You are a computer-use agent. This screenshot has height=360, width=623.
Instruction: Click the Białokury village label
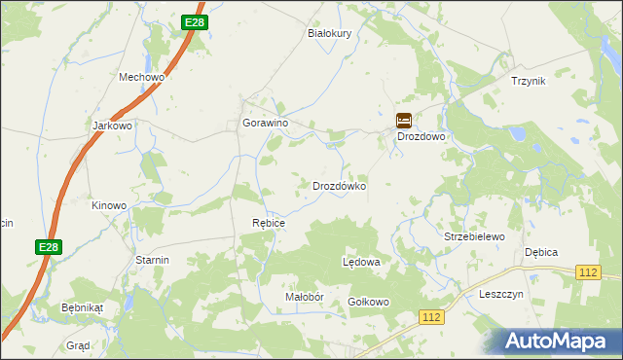[x=329, y=32]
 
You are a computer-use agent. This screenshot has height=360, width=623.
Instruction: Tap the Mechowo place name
[x=142, y=77]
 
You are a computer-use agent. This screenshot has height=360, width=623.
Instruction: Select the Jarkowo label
[x=112, y=126]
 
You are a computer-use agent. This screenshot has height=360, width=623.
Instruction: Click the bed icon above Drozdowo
[x=404, y=121]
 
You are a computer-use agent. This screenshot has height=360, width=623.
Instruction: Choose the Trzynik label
[x=529, y=81]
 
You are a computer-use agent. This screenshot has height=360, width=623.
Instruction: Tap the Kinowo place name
[x=109, y=205]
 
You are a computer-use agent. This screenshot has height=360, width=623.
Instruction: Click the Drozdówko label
[x=339, y=185]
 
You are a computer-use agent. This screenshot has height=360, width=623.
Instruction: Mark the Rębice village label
[x=269, y=223]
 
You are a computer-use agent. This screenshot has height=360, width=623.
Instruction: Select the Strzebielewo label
[x=474, y=236]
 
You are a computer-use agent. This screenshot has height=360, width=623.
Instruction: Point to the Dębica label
[x=541, y=252]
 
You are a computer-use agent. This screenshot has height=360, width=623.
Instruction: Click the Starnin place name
[x=153, y=260]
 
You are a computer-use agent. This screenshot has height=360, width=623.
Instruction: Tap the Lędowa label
[x=361, y=263]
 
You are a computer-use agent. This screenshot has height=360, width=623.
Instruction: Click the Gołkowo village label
[x=369, y=302]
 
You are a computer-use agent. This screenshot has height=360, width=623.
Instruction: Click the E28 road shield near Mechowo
[x=194, y=22]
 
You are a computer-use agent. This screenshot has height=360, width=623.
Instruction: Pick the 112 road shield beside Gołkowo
[x=432, y=317]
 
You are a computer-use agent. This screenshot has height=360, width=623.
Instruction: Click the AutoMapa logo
[x=557, y=341]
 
